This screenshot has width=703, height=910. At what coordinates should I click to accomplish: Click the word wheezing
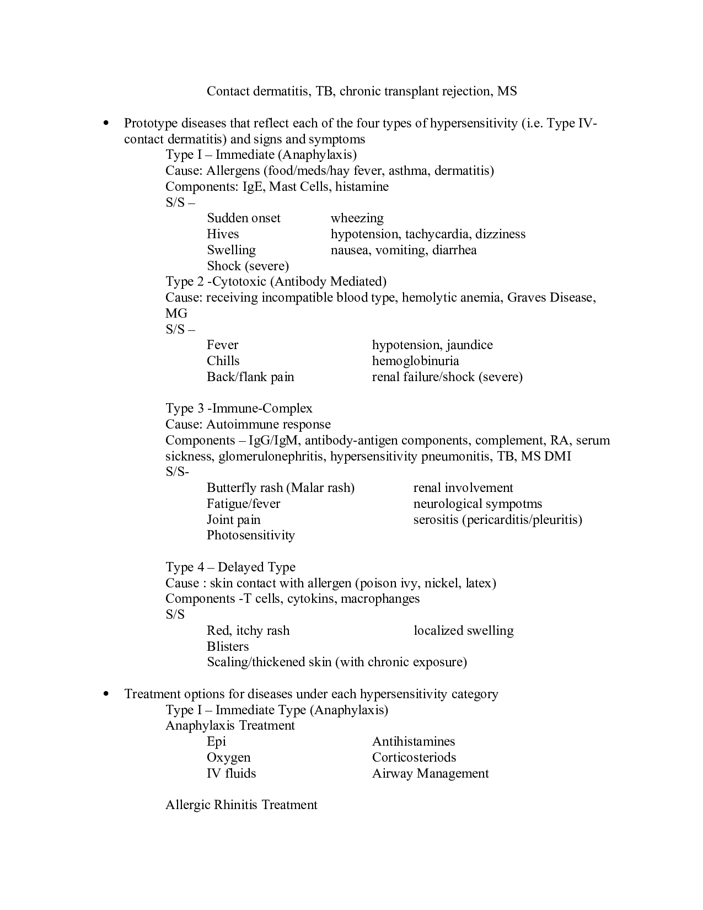(357, 218)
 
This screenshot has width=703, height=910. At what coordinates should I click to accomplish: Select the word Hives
(223, 234)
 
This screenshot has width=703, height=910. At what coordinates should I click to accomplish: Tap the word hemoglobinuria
(415, 361)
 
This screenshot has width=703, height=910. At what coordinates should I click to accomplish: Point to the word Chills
(223, 361)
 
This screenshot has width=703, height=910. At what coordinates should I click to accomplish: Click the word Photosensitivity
(250, 536)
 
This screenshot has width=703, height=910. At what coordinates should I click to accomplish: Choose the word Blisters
(228, 647)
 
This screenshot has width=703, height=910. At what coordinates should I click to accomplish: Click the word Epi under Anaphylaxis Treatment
(216, 742)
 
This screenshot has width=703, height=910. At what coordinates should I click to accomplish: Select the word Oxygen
(228, 758)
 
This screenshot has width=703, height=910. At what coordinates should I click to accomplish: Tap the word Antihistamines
(414, 742)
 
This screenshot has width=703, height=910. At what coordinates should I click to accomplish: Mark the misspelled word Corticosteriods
(414, 758)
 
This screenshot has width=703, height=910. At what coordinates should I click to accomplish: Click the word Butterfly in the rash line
(230, 488)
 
